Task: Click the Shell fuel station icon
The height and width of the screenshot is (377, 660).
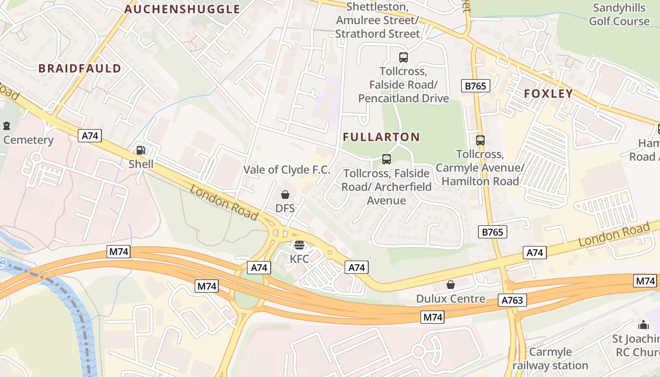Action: (x=140, y=150)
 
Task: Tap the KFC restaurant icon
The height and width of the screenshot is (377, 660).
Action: (x=299, y=245)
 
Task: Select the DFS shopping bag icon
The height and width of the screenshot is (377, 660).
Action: (x=285, y=195)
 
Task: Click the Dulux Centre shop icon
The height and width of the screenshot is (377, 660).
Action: (x=451, y=285)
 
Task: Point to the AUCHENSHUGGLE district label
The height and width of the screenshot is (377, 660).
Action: (x=182, y=9)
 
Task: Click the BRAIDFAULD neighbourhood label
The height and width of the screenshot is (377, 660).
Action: (x=80, y=68)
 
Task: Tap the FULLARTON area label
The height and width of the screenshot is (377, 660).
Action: (x=381, y=137)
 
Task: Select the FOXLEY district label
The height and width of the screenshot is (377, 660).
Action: (x=548, y=93)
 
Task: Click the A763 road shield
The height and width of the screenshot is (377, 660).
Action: (x=512, y=300)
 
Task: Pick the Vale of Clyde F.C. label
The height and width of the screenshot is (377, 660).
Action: (x=287, y=170)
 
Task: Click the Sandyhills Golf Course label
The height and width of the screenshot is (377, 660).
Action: (x=619, y=14)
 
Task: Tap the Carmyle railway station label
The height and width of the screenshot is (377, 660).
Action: (x=550, y=359)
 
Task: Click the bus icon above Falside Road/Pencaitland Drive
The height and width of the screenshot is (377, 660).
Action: (x=403, y=57)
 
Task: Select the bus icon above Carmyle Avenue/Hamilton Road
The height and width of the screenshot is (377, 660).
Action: (x=480, y=140)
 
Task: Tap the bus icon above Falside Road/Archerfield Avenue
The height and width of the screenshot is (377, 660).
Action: (x=386, y=159)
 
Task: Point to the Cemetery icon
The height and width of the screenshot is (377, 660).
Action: (x=7, y=126)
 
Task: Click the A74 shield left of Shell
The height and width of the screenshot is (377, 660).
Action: (x=90, y=136)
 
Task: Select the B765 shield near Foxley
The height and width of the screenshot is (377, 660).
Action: (x=475, y=86)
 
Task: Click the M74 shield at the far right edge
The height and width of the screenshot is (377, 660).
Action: (x=645, y=281)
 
